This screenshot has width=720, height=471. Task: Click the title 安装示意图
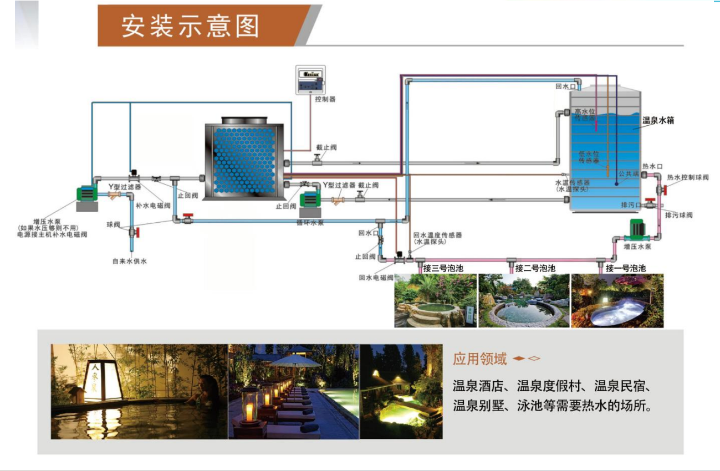pyautogui.click(x=190, y=26)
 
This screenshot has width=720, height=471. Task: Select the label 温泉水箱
pyautogui.click(x=658, y=120)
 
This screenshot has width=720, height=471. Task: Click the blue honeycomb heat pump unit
pyautogui.click(x=244, y=160)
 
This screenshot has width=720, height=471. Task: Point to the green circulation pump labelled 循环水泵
pyautogui.click(x=308, y=204)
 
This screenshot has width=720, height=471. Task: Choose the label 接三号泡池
pyautogui.click(x=442, y=268)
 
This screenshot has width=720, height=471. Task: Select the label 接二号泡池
pyautogui.click(x=535, y=268)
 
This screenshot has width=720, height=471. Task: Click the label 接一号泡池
pyautogui.click(x=625, y=268)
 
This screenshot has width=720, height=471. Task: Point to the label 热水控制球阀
pyautogui.click(x=687, y=177)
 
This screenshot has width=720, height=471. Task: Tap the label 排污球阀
pyautogui.click(x=678, y=215)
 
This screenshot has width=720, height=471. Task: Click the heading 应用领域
pyautogui.click(x=479, y=359)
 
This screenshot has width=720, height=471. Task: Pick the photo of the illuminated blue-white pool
pyautogui.click(x=617, y=300)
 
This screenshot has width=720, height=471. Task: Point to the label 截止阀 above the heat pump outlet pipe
pyautogui.click(x=326, y=147)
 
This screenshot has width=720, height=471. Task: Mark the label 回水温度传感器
pyautogui.click(x=438, y=235)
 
